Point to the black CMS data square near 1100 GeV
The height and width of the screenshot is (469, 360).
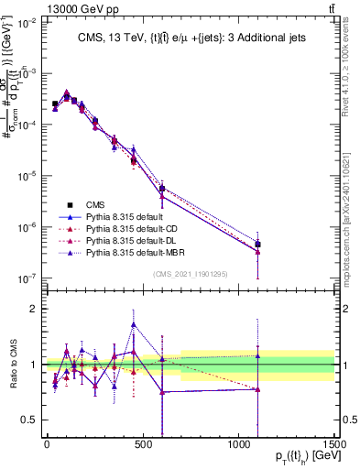pos(258,244)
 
